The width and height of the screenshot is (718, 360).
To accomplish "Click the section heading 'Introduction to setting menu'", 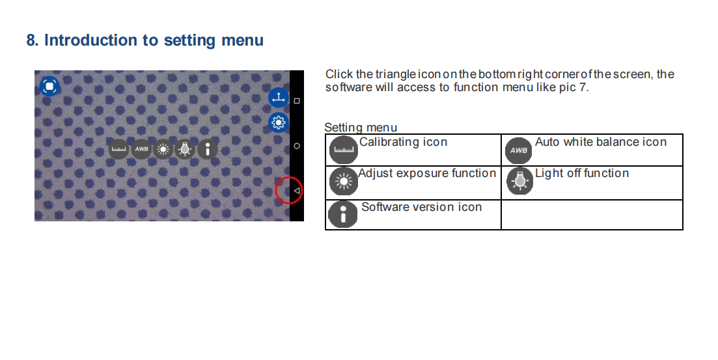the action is pyautogui.click(x=154, y=40).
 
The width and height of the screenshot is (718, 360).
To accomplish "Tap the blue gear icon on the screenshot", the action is pyautogui.click(x=278, y=122).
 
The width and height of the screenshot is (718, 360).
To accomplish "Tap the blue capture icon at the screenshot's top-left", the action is pyautogui.click(x=49, y=86).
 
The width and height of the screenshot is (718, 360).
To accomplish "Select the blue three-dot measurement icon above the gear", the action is pyautogui.click(x=278, y=98).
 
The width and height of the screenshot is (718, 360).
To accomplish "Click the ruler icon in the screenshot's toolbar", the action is pyautogui.click(x=118, y=149).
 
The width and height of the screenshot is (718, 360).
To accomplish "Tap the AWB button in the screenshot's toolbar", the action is pyautogui.click(x=141, y=149).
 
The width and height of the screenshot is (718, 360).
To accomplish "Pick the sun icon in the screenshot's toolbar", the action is pyautogui.click(x=163, y=149).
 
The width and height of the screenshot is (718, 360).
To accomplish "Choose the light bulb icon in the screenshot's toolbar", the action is pyautogui.click(x=185, y=149).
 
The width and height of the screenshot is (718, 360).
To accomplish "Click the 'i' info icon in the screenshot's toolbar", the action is pyautogui.click(x=208, y=149).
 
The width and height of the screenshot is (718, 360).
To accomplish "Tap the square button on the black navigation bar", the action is pyautogui.click(x=297, y=101).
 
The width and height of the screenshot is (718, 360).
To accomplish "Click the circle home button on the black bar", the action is pyautogui.click(x=297, y=146).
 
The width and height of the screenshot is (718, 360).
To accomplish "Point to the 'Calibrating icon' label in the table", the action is pyautogui.click(x=404, y=143).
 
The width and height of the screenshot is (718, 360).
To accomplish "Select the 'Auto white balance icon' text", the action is pyautogui.click(x=601, y=143).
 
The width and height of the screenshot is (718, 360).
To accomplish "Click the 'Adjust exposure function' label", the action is pyautogui.click(x=427, y=174).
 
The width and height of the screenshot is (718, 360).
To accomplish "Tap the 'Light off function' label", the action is pyautogui.click(x=582, y=174).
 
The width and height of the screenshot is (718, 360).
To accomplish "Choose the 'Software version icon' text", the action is pyautogui.click(x=422, y=208).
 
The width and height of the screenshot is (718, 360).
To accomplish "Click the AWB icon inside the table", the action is pyautogui.click(x=518, y=150).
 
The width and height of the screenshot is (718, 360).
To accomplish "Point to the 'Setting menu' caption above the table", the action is pyautogui.click(x=361, y=128).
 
